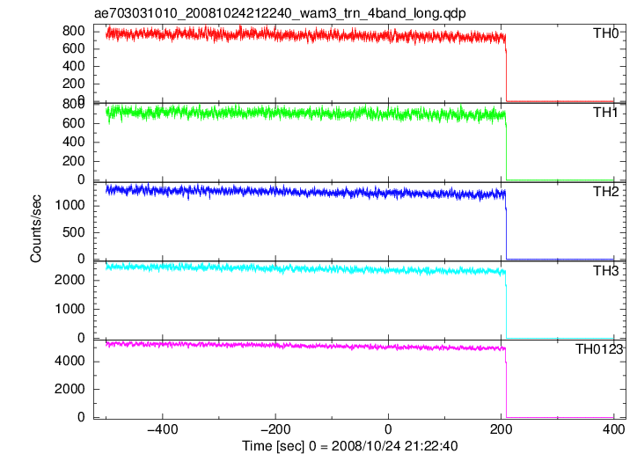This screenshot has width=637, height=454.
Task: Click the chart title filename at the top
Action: [280, 13]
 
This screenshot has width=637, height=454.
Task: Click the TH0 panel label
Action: [605, 33]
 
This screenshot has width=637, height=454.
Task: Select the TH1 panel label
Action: [605, 112]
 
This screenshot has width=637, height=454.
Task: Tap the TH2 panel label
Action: [605, 191]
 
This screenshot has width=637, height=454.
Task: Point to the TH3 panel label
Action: [605, 270]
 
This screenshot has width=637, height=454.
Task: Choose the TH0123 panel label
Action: [599, 349]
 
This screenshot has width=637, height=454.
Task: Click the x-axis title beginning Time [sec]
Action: [350, 446]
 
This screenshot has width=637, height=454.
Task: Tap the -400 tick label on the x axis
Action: [162, 429]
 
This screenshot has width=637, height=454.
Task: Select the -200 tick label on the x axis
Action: [275, 429]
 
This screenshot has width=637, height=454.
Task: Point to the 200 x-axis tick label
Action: [501, 429]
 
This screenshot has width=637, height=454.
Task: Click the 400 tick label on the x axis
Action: [614, 429]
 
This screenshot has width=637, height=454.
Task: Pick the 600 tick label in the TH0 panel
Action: [74, 48]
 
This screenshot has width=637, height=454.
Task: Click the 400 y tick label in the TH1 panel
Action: [74, 142]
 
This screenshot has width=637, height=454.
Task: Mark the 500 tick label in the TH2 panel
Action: [74, 232]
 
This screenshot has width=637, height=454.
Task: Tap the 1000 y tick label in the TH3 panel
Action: [70, 309]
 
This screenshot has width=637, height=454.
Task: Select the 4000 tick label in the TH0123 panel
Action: [70, 361]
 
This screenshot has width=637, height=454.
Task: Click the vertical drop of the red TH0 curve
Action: [507, 71]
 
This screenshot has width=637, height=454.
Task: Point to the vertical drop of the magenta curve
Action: [506, 384]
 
